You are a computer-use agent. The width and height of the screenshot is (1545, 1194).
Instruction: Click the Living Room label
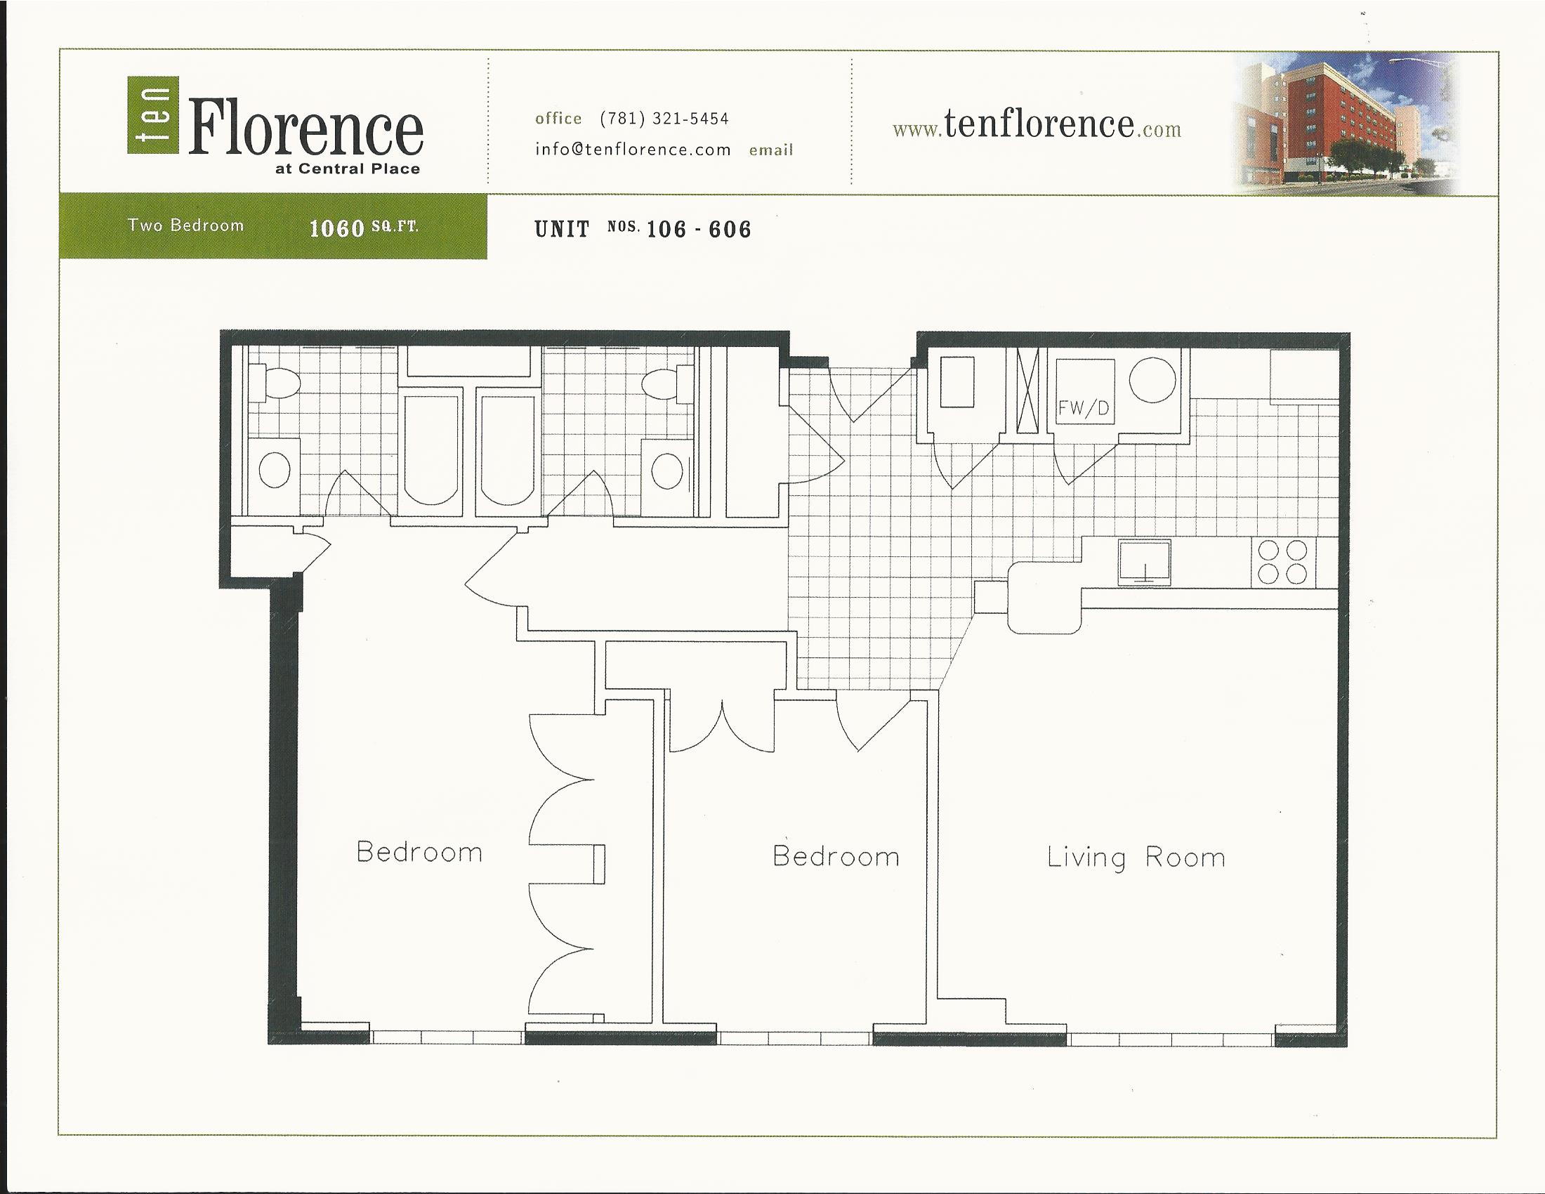point(1136,858)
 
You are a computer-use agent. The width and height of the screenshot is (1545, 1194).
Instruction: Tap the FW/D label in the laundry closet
point(1084,408)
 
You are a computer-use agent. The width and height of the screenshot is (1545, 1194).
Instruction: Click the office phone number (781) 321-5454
point(664,119)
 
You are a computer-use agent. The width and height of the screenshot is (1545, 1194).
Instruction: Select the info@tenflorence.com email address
point(633,149)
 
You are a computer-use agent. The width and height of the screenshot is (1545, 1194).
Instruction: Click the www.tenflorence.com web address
point(1037,126)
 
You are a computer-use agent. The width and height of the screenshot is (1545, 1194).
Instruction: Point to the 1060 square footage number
point(336,228)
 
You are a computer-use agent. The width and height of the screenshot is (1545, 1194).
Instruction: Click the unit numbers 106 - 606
point(699,229)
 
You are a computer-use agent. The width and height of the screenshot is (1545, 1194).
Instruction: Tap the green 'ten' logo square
point(154,114)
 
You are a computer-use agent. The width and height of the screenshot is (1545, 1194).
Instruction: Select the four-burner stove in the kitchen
point(1283,563)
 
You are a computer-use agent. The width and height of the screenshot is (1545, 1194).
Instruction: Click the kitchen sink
point(1144,563)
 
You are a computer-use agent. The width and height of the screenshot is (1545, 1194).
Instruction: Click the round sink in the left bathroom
point(275,469)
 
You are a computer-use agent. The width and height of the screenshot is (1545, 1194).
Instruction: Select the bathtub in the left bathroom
point(430,450)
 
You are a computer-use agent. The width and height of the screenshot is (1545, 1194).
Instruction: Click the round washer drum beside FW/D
point(1152,379)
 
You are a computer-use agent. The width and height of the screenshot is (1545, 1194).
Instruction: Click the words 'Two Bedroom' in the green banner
point(185,225)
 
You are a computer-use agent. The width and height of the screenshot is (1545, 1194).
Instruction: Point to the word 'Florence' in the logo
point(305,127)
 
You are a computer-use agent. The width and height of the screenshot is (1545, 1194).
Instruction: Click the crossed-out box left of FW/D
point(1028,391)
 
